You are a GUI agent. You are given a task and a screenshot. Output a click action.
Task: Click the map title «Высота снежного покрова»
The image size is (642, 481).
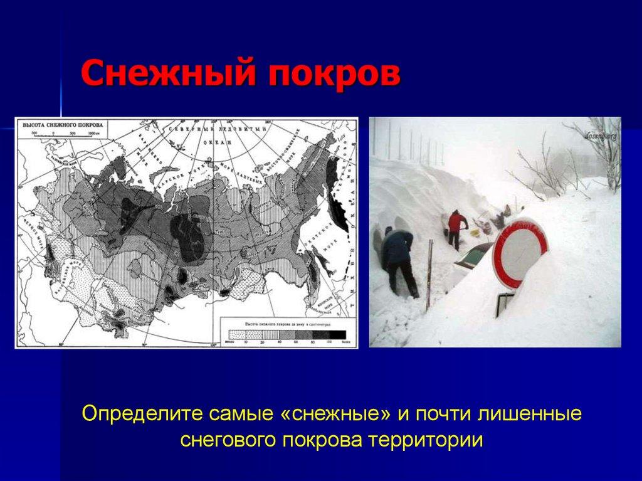coord(62,125)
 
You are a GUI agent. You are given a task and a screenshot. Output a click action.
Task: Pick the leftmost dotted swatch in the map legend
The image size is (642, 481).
coord(236,334)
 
